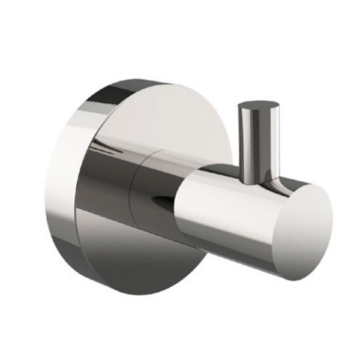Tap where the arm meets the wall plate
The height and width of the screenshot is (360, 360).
[x=90, y=174]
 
